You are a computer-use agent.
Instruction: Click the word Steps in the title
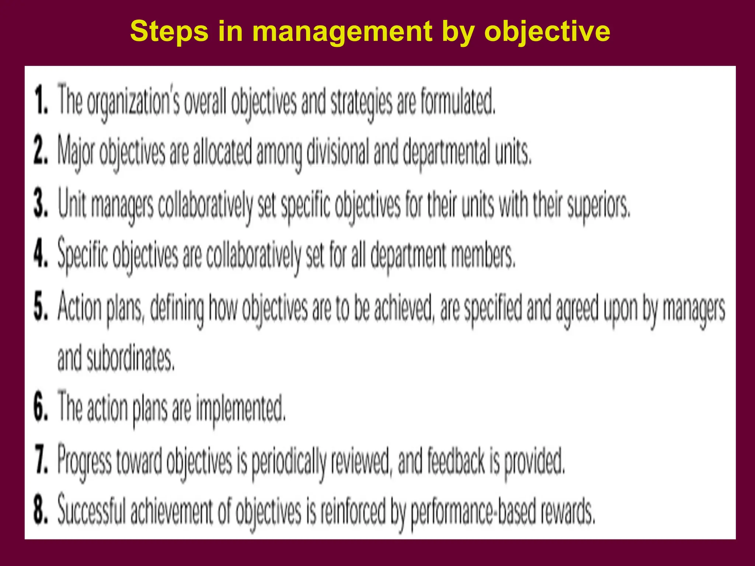tap(169, 32)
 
